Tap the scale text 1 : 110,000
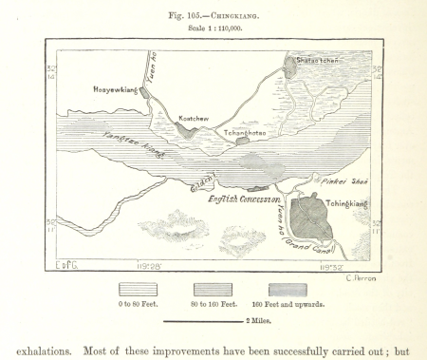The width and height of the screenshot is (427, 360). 213,27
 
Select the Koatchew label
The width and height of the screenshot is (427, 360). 193,120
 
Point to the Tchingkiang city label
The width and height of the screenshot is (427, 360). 343,189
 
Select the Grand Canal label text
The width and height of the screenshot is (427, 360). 303,248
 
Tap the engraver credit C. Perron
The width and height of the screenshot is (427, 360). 362,276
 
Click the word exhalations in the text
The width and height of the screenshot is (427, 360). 49,351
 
